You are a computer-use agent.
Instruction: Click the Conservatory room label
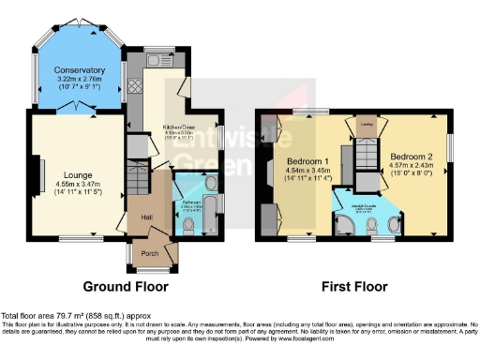tap(79, 70)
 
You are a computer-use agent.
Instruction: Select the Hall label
tap(147, 217)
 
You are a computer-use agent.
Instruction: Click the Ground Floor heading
tap(126, 285)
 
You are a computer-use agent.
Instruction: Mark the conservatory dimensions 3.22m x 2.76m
tap(79, 82)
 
